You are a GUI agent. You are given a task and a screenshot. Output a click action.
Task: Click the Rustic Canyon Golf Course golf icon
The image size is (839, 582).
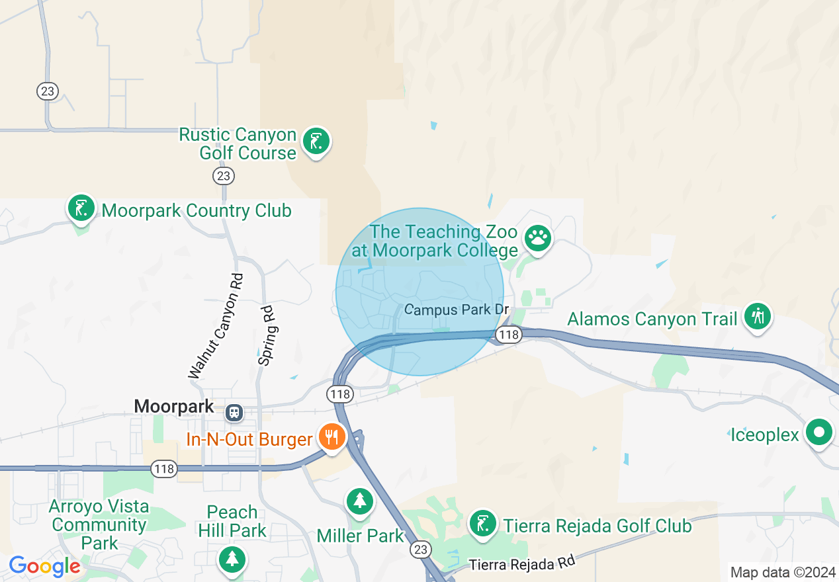click(316, 142)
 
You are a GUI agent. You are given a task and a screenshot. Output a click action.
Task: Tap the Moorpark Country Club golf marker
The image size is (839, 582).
click(81, 208)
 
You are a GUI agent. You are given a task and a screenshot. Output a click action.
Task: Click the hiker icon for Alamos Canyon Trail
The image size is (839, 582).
click(757, 317)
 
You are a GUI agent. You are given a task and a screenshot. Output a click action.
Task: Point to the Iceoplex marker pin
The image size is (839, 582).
click(820, 433)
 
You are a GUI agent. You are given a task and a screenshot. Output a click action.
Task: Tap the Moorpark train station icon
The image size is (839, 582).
click(234, 413)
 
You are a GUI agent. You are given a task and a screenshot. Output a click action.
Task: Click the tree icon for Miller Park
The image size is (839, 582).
click(359, 501)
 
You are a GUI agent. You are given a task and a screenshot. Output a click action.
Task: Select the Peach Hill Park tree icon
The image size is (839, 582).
click(232, 559)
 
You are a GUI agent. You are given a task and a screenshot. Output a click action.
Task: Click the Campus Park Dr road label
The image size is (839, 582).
click(457, 310)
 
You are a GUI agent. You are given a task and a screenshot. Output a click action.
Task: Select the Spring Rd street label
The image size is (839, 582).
click(267, 335)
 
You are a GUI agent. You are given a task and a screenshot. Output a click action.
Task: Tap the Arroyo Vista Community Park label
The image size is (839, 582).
click(99, 524)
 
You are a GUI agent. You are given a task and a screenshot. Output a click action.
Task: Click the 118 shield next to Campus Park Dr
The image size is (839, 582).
click(509, 335)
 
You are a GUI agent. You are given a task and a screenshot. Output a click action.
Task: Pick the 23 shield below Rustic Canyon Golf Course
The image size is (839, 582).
click(224, 175)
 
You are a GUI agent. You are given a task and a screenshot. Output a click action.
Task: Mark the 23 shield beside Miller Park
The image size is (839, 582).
click(421, 549)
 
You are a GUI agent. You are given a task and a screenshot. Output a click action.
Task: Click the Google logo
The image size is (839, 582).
click(44, 567)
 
